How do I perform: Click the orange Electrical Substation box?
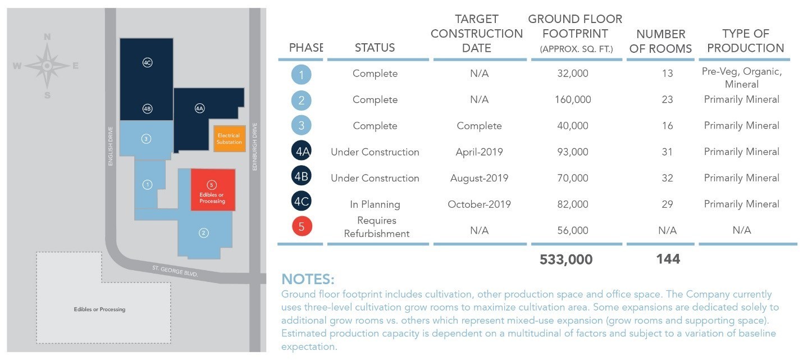pyautogui.click(x=229, y=139)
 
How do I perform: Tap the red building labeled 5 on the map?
pyautogui.click(x=212, y=190)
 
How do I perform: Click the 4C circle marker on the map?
pyautogui.click(x=147, y=63)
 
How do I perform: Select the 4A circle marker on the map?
pyautogui.click(x=199, y=108)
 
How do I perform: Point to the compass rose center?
pyautogui.click(x=47, y=66)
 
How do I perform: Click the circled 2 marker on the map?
pyautogui.click(x=204, y=232)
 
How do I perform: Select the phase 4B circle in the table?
pyautogui.click(x=302, y=178)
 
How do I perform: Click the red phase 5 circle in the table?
pyautogui.click(x=302, y=227)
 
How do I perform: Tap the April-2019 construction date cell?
pyautogui.click(x=479, y=152)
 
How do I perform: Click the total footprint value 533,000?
pyautogui.click(x=565, y=259)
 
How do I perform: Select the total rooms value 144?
pyautogui.click(x=668, y=259)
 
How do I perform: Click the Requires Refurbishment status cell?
pyautogui.click(x=376, y=227)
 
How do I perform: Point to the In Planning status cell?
pyautogui.click(x=375, y=204)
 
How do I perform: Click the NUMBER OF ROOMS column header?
pyautogui.click(x=660, y=41)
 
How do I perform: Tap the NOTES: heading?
pyautogui.click(x=308, y=279)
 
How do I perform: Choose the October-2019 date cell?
pyautogui.click(x=479, y=204)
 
